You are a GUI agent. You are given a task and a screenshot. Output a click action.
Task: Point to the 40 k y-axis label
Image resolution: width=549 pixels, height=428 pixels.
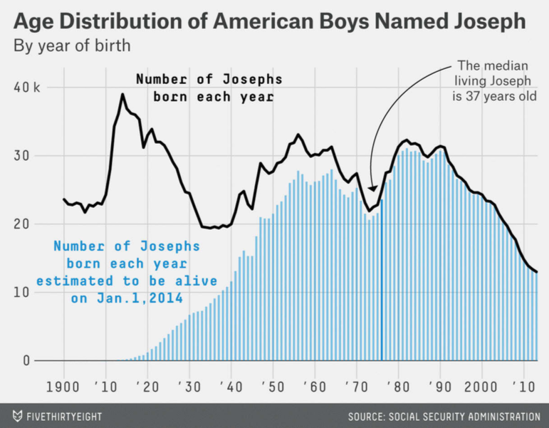[27, 88]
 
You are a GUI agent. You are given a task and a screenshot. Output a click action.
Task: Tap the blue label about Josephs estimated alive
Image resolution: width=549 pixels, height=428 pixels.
[135, 273]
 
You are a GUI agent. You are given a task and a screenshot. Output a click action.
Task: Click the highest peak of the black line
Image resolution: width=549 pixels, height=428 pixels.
[122, 94]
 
